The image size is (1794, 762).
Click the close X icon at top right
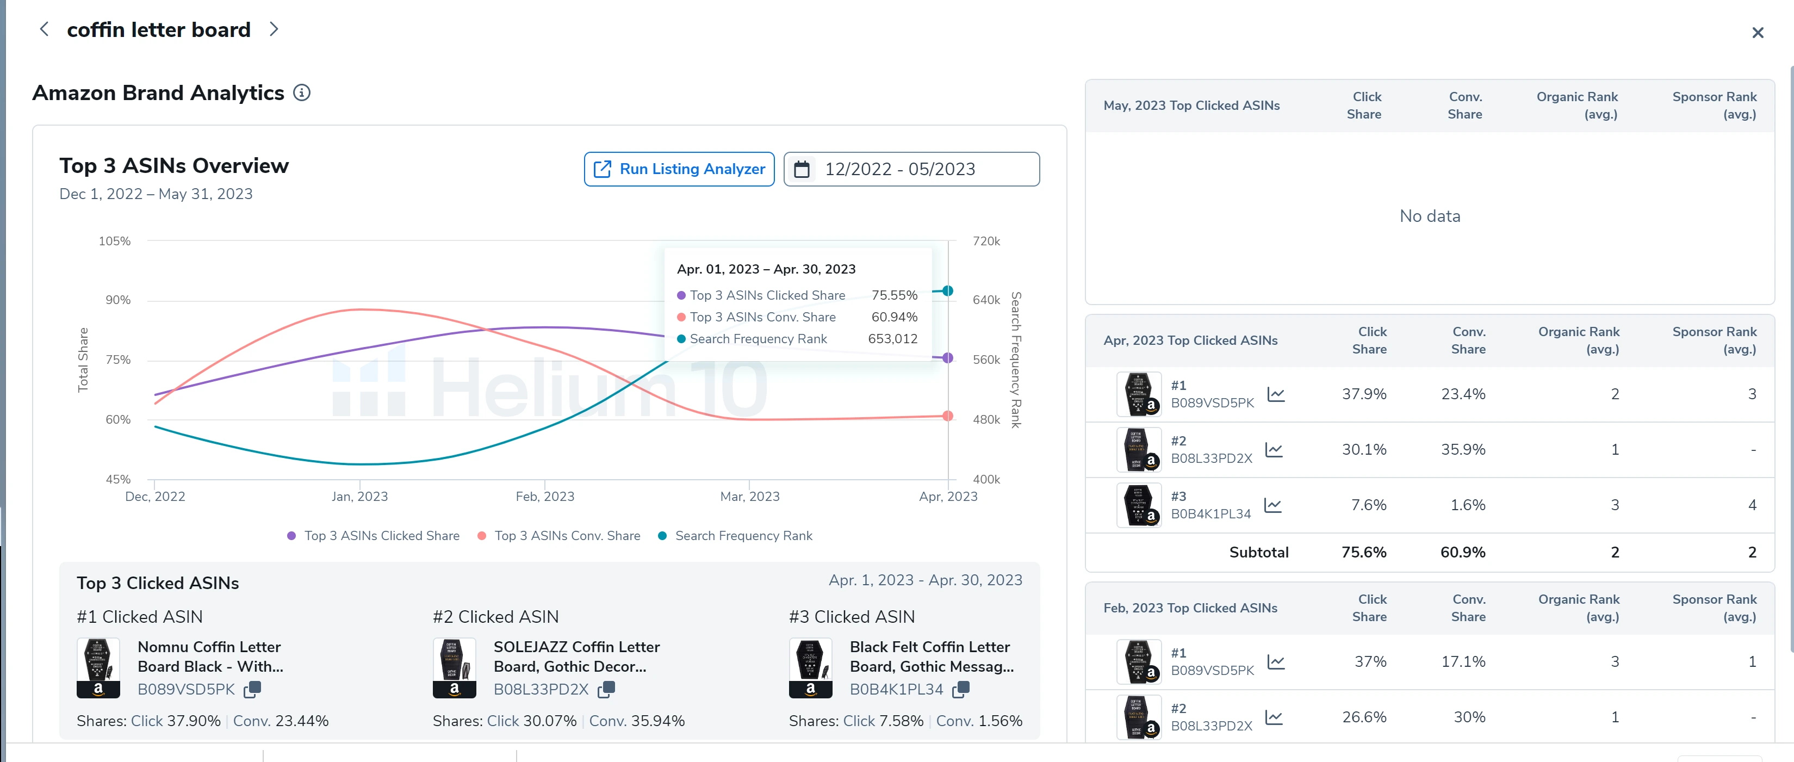1757,33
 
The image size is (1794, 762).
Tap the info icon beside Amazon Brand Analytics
302,92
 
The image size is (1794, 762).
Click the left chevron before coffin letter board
45,29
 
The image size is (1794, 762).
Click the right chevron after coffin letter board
274,29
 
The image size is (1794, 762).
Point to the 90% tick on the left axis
117,300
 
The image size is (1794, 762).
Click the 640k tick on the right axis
985,300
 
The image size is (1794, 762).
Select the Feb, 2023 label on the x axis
544,497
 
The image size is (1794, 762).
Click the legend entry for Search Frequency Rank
742,536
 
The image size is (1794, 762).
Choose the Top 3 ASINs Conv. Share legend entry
566,536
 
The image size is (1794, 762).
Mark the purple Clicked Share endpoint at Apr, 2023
947,358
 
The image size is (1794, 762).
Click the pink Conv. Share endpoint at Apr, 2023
947,416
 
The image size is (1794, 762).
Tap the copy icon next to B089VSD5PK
252,689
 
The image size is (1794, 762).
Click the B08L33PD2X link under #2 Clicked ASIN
541,689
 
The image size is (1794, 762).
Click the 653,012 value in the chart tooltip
892,338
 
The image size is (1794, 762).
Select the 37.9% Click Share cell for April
1364,394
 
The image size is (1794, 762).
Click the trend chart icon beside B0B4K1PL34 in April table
1272,505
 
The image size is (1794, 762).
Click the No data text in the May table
1429,216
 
